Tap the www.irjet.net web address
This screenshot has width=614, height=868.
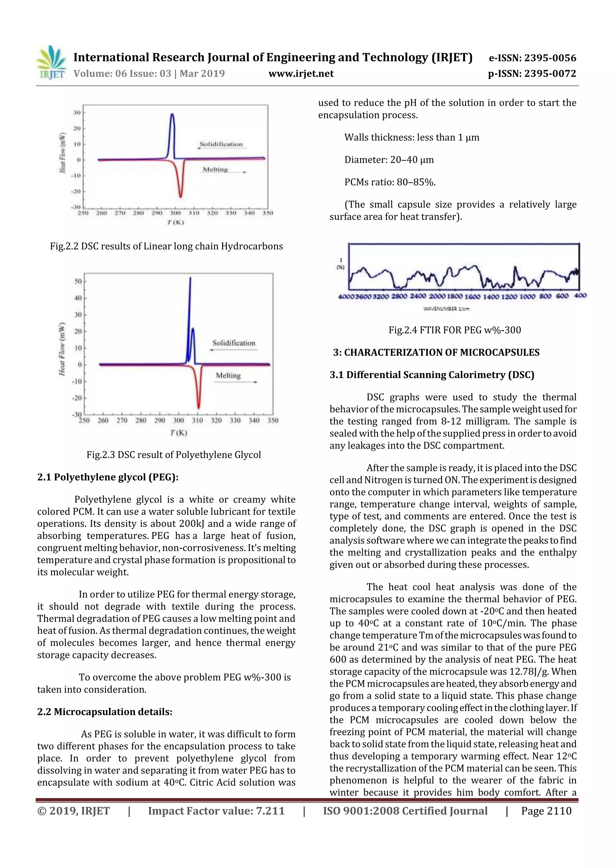tap(301, 73)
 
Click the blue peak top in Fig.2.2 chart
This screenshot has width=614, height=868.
tap(172, 114)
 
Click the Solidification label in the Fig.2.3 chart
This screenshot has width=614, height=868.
tap(234, 343)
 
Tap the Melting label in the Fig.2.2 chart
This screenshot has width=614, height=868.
tap(215, 169)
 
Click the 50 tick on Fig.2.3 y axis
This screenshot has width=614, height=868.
tap(78, 281)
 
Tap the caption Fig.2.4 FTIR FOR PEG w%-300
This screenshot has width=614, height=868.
tap(455, 330)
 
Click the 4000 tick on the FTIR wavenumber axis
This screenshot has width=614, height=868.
tap(346, 296)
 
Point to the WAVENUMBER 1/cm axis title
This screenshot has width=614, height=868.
tap(446, 309)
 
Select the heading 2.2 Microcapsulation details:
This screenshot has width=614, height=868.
tap(105, 712)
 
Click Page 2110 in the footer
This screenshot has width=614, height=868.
tap(546, 811)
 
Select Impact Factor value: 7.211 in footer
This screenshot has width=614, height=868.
tap(216, 811)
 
